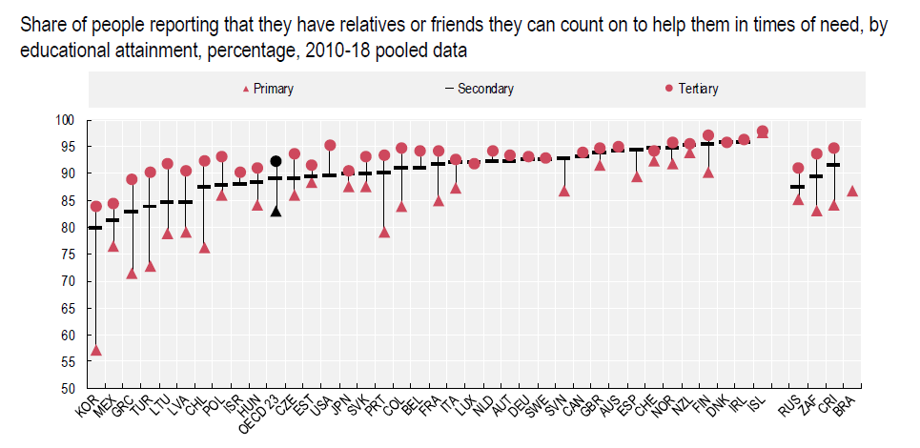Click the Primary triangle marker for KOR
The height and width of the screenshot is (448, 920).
pos(95,350)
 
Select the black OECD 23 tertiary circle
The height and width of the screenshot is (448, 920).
pos(276,161)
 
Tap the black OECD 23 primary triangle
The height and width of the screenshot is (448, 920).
pos(276,211)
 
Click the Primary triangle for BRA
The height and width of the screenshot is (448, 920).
pos(852,191)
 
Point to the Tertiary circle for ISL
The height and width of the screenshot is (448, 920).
pos(762,132)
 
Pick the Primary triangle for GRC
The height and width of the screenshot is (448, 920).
pos(132,274)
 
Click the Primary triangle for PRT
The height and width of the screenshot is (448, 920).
pos(384,232)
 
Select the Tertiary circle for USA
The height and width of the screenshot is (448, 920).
pos(330,146)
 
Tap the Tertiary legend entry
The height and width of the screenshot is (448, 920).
pos(692,89)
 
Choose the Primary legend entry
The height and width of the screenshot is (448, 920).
pos(269,89)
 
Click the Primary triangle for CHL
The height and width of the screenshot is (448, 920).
pos(204,248)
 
